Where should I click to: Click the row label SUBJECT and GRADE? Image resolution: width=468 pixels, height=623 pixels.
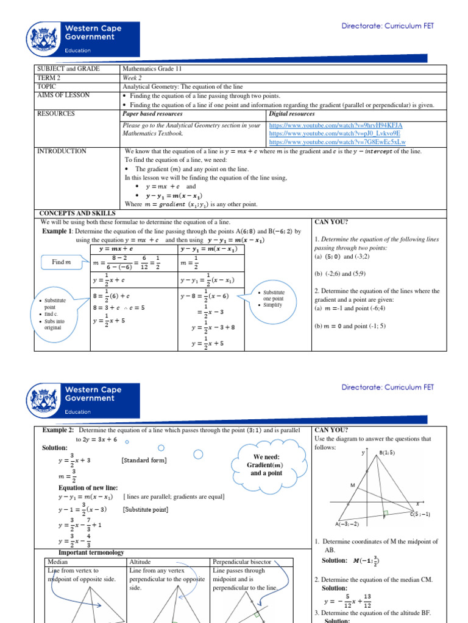click(68, 69)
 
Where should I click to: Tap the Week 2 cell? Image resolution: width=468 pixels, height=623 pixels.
click(133, 78)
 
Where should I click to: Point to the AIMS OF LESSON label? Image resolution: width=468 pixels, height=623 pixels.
click(63, 96)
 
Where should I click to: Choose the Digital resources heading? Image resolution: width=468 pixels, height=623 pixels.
click(292, 114)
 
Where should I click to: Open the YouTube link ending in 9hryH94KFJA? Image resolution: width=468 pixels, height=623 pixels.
click(335, 125)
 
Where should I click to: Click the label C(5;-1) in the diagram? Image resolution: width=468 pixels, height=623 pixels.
click(420, 515)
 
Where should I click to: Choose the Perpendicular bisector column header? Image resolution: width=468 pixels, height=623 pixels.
click(239, 562)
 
